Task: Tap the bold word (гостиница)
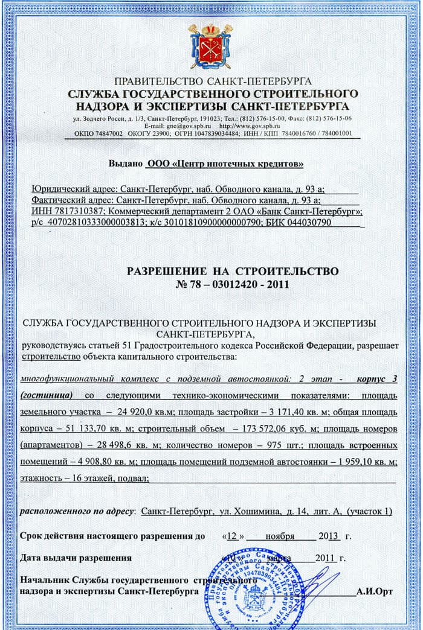tap(47, 395)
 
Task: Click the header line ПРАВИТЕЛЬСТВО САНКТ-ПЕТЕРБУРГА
tap(212, 82)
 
